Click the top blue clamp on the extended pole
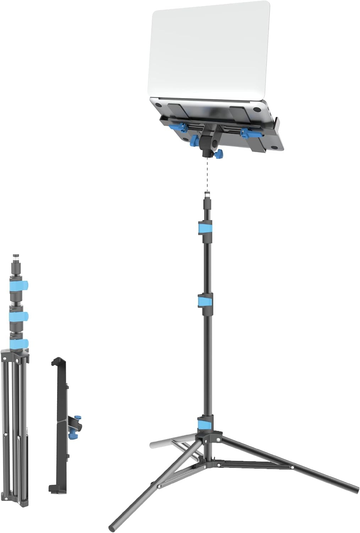(x=205, y=227)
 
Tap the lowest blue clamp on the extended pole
(x=205, y=423)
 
